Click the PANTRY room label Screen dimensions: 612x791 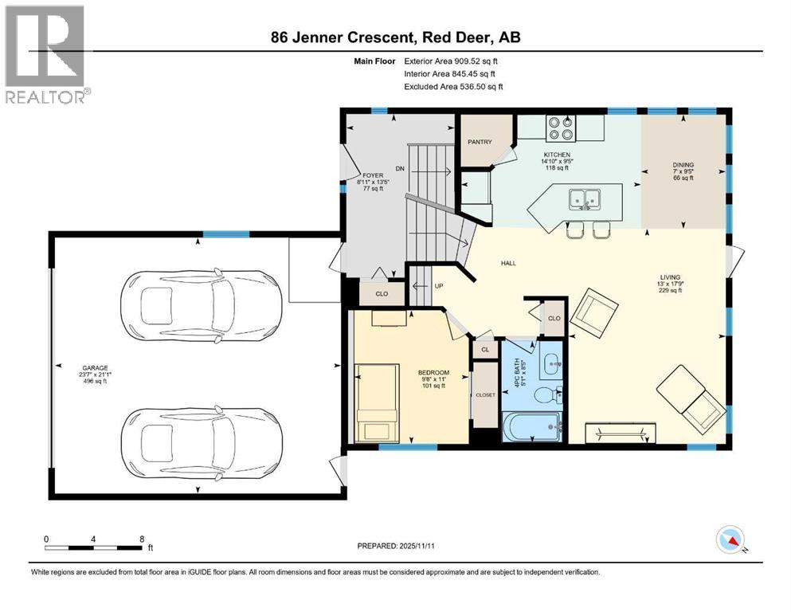pyautogui.click(x=480, y=143)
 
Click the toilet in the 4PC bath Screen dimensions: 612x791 pyautogui.click(x=546, y=395)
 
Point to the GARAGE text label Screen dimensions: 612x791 pyautogui.click(x=91, y=367)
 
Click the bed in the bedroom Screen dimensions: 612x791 pyautogui.click(x=377, y=402)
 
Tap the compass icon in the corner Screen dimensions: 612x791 pyautogui.click(x=731, y=540)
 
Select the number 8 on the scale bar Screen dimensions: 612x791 pyautogui.click(x=142, y=539)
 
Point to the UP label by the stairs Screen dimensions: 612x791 pyautogui.click(x=438, y=286)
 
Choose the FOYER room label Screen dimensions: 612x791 pyautogui.click(x=373, y=175)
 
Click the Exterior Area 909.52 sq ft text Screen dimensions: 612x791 pyautogui.click(x=453, y=61)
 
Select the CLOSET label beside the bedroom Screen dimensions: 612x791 pyautogui.click(x=485, y=394)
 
